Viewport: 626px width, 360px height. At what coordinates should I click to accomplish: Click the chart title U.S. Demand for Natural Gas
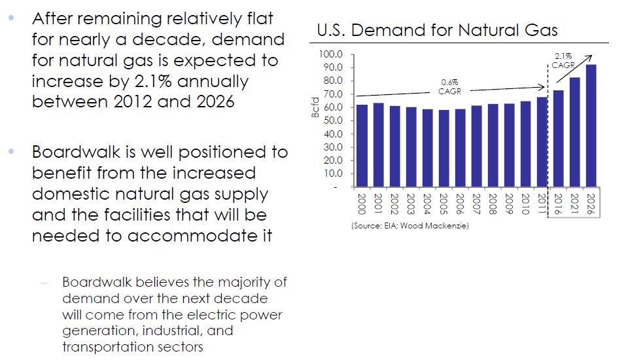tap(437, 30)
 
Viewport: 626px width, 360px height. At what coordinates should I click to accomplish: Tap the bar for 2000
tap(362, 145)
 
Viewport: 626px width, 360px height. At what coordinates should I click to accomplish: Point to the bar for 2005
tap(443, 148)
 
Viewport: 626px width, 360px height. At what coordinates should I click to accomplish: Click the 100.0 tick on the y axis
tap(330, 54)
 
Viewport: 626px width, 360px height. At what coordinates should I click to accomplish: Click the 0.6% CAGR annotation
tap(449, 86)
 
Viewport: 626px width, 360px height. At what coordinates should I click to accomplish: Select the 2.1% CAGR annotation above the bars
tap(562, 60)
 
